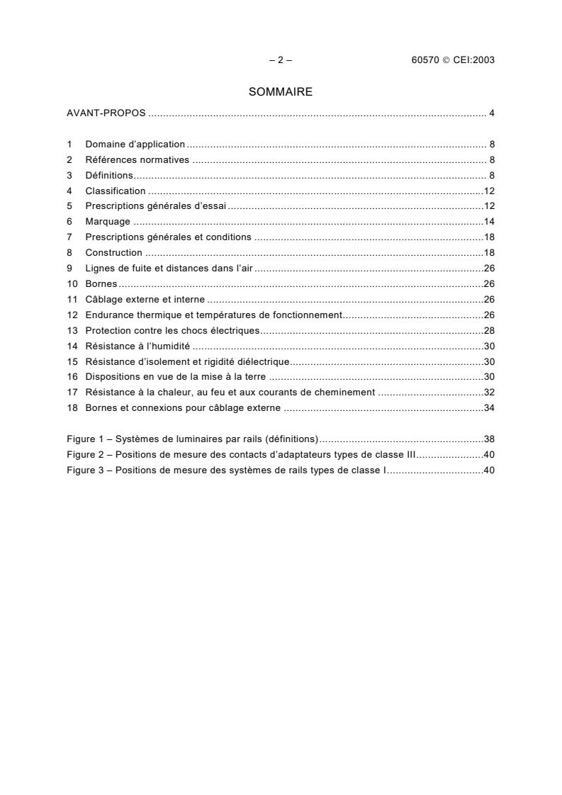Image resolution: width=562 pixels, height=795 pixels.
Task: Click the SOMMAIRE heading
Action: coord(281,92)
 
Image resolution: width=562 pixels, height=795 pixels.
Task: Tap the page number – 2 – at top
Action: coord(281,60)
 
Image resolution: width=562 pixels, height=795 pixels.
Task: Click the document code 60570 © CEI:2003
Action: coord(453,60)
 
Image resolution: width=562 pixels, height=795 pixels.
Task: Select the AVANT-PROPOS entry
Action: coord(106,113)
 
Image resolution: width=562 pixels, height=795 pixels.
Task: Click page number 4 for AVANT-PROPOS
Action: coord(491,113)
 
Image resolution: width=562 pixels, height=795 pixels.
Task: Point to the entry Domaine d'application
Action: coord(135,145)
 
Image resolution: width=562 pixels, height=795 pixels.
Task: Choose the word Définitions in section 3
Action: coord(109,175)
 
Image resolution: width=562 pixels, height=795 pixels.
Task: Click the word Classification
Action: coord(116,191)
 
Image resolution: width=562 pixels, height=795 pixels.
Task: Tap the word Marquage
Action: coord(108,222)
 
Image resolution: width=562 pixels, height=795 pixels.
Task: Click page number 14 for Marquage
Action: coord(489,222)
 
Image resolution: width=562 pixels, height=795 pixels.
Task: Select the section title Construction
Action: coord(113,253)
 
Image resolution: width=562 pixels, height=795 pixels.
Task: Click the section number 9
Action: coord(69,269)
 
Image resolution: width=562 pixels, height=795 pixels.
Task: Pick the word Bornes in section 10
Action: coord(101,284)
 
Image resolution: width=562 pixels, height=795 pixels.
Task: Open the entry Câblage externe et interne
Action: coord(145,300)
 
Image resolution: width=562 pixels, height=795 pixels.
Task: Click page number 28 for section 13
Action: coord(489,330)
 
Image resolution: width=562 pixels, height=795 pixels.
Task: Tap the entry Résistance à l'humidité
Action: coord(137,346)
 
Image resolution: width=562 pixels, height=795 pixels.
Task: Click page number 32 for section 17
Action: coord(489,392)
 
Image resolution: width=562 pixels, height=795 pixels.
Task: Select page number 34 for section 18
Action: coord(489,407)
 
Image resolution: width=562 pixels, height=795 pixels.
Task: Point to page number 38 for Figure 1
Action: coord(489,439)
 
